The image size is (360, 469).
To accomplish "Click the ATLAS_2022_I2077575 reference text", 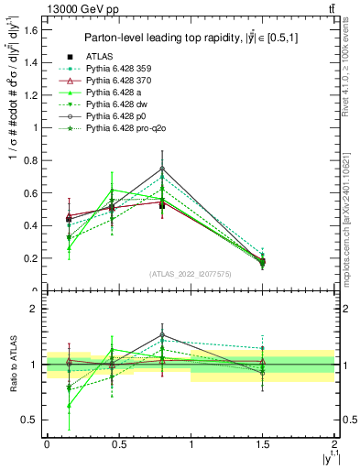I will [190, 274].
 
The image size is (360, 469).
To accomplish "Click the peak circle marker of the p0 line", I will [162, 169].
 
